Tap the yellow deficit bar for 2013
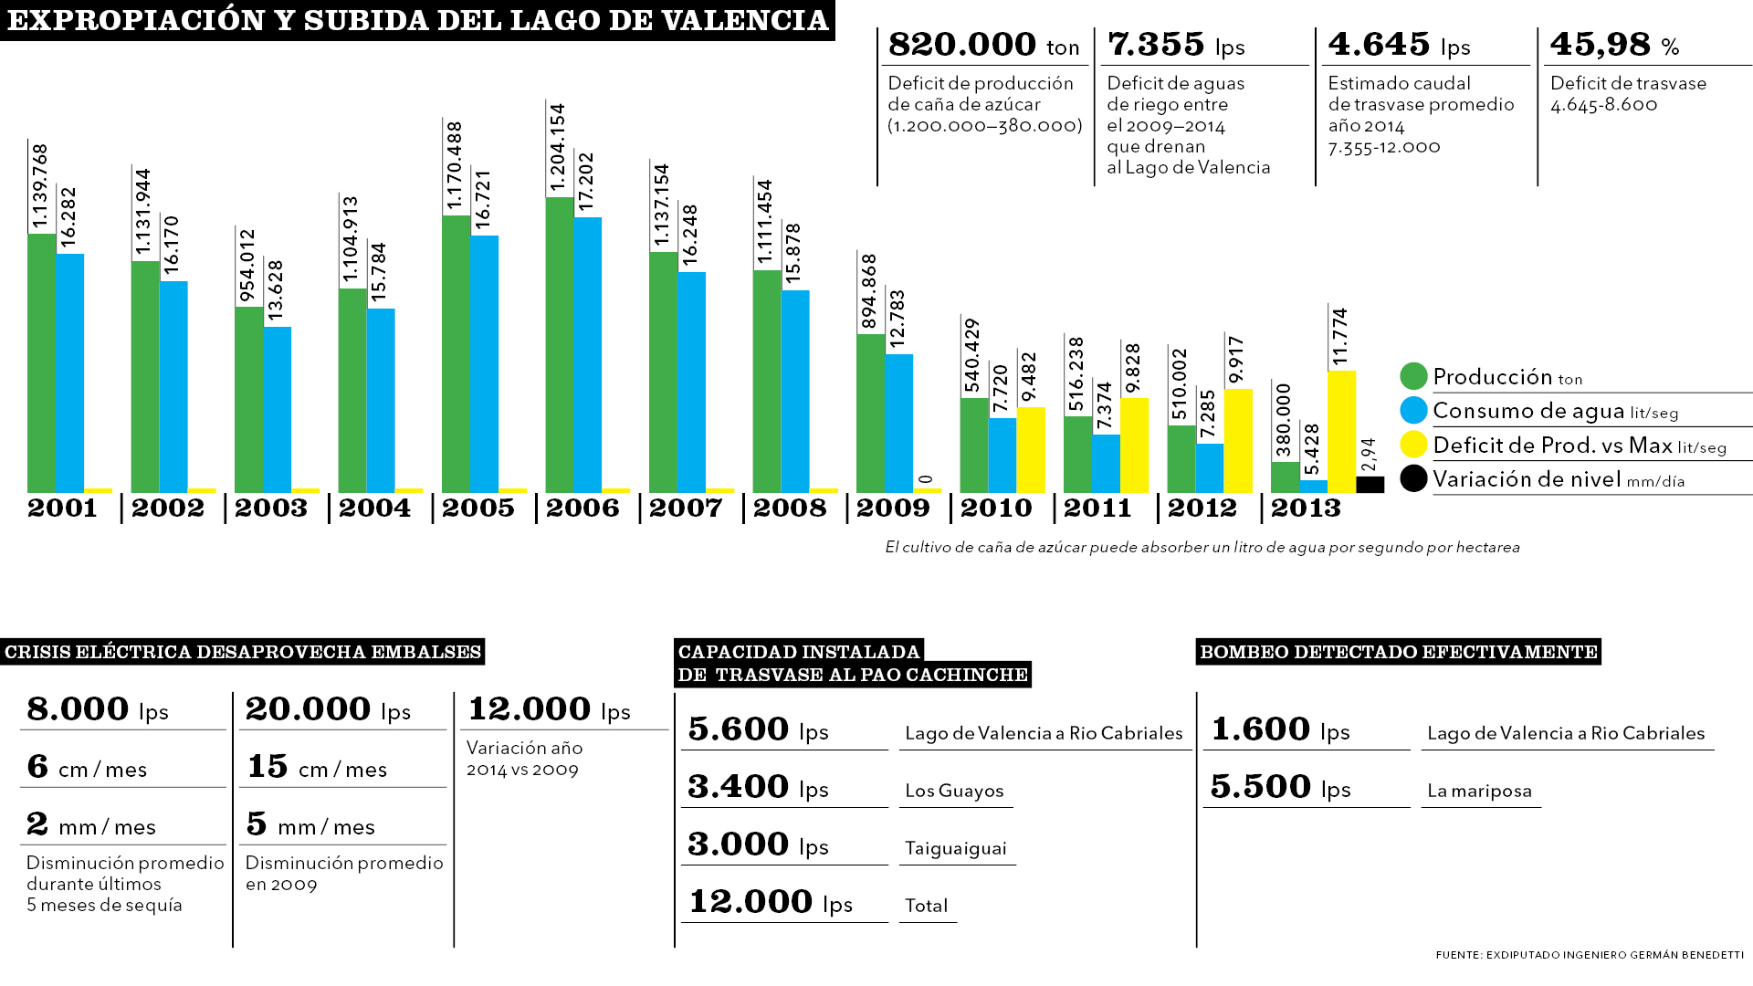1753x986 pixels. tap(1341, 431)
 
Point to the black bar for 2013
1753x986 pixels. tap(1370, 485)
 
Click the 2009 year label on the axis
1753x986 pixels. tap(892, 509)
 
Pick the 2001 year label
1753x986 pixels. tap(62, 509)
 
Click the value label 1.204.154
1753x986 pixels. tap(558, 148)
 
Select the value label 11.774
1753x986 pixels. tap(1340, 337)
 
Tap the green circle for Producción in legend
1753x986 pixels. tap(1413, 376)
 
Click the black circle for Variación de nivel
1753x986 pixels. tap(1413, 478)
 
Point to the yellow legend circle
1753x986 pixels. tap(1413, 445)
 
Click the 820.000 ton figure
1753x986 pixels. tap(983, 45)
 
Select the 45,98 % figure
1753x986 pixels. tap(1614, 45)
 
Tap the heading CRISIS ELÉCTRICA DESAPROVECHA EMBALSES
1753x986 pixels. tap(243, 652)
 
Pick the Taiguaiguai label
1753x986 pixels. tap(955, 848)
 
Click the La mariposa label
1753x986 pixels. tap(1479, 791)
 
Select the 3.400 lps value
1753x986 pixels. tap(758, 787)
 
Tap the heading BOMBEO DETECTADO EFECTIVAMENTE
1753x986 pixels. tap(1398, 652)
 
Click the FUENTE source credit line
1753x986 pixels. tap(1589, 955)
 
